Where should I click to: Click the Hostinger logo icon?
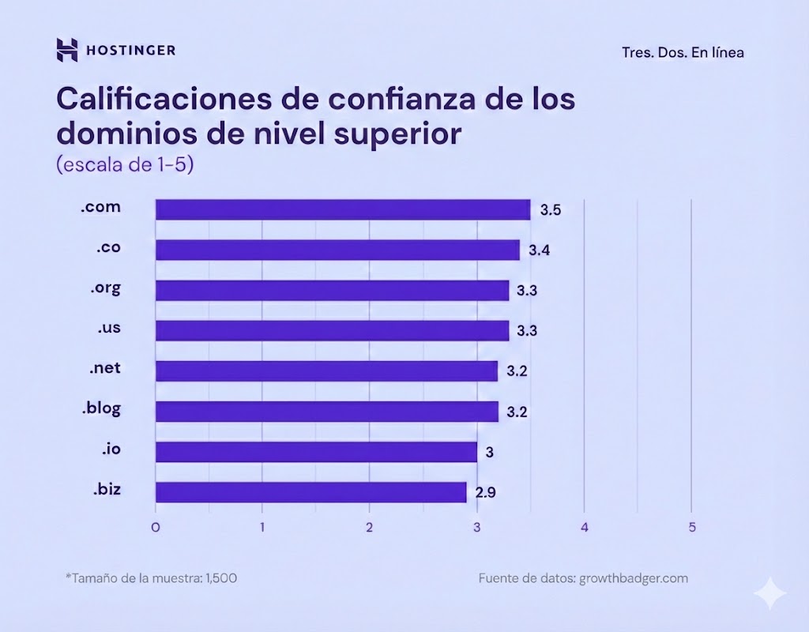pyautogui.click(x=67, y=50)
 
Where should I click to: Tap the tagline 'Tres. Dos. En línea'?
pyautogui.click(x=683, y=53)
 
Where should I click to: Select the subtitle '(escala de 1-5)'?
pyautogui.click(x=125, y=166)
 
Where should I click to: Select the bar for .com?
pyautogui.click(x=342, y=209)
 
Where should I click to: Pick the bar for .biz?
pyautogui.click(x=310, y=492)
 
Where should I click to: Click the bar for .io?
pyautogui.click(x=316, y=452)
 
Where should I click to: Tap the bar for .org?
pyautogui.click(x=332, y=290)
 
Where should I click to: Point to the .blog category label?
pyautogui.click(x=102, y=408)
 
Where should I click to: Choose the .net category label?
pyautogui.click(x=105, y=367)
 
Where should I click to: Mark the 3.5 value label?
pyautogui.click(x=550, y=210)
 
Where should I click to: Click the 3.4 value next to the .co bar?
pyautogui.click(x=540, y=250)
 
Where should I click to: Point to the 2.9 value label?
pyautogui.click(x=486, y=493)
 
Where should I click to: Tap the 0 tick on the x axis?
pyautogui.click(x=156, y=527)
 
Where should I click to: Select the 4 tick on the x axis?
pyautogui.click(x=584, y=527)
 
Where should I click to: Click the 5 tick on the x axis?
pyautogui.click(x=691, y=527)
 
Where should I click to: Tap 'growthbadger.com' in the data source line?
pyautogui.click(x=634, y=578)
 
